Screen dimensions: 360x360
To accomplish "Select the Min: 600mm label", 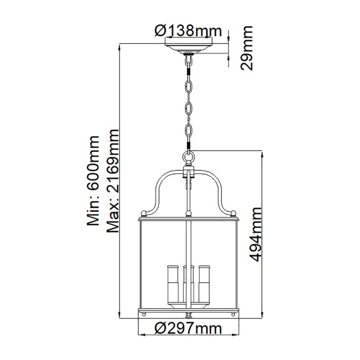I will click(x=93, y=181).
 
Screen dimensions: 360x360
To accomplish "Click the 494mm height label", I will click(x=254, y=234).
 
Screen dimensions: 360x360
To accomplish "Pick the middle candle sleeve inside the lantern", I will click(x=188, y=285).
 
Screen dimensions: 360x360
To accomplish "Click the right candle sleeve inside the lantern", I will click(x=205, y=285).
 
